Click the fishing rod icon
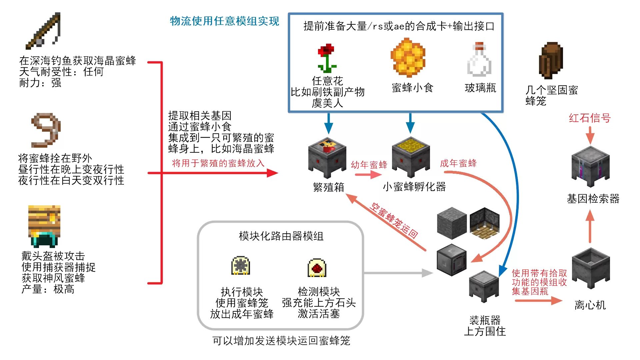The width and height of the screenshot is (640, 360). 44,31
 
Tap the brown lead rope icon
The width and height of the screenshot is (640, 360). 46,130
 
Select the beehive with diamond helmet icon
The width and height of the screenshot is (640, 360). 44,226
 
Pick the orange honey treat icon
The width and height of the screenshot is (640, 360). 408,57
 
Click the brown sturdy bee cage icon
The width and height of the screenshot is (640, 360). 551,60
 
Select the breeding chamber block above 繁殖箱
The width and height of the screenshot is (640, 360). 327,157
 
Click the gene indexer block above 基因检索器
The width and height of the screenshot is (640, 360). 590,166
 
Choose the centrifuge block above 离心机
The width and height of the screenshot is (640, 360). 591,268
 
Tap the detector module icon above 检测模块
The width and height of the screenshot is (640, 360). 317,268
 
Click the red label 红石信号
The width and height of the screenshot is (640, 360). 589,118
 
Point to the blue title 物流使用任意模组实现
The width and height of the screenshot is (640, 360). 224,21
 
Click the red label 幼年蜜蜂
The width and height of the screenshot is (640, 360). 369,165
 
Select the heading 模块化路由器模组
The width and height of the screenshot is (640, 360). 281,236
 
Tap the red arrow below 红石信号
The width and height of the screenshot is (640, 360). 590,135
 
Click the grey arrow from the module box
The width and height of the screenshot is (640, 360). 398,273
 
